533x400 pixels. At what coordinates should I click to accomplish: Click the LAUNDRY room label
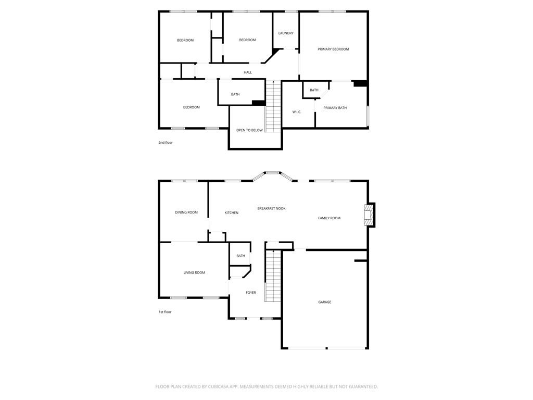[286, 33]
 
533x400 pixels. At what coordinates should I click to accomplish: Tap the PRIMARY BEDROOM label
[333, 49]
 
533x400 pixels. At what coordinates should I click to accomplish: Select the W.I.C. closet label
[297, 112]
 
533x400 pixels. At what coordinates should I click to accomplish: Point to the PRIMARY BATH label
[335, 108]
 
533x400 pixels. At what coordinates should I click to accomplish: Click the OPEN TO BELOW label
[249, 130]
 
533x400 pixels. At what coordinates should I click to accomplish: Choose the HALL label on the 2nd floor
[248, 72]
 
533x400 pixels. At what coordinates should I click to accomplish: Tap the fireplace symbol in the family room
[369, 215]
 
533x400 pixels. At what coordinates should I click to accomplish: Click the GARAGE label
[325, 302]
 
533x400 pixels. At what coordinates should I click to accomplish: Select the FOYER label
[251, 293]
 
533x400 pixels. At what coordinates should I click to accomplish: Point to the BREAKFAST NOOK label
[271, 208]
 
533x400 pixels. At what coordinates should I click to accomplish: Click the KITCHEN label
[232, 213]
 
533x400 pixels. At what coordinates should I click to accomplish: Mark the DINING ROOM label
[186, 212]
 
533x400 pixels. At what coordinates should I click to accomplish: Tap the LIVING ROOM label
[194, 272]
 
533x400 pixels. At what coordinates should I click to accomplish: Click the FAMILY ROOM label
[329, 218]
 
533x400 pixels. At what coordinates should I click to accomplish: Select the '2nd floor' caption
[166, 142]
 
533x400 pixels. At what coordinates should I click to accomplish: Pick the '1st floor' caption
[165, 312]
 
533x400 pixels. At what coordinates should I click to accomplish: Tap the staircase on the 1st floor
[273, 276]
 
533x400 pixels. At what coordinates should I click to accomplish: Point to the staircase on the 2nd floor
[273, 106]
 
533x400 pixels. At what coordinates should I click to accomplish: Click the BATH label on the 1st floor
[240, 256]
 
